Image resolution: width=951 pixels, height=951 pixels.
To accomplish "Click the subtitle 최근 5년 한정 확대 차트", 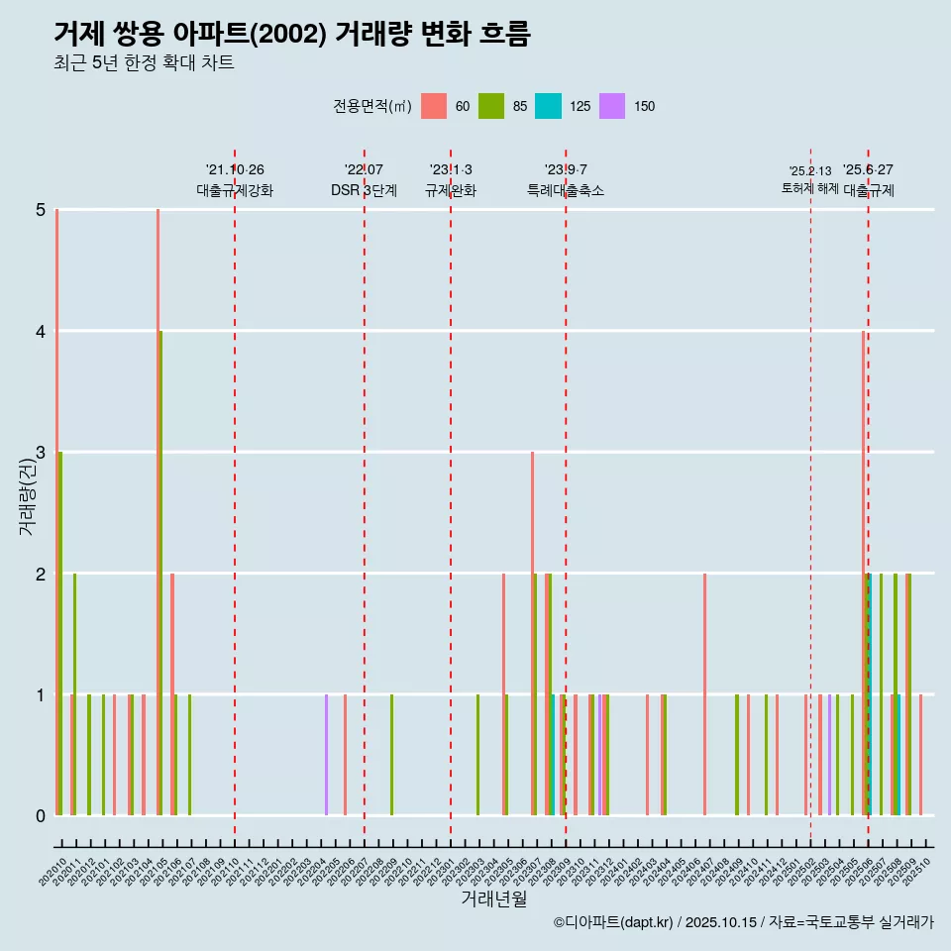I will [x=144, y=64].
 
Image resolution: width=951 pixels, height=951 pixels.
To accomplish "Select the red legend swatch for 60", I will [x=434, y=106].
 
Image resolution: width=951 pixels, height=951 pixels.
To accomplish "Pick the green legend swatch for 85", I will [x=491, y=106].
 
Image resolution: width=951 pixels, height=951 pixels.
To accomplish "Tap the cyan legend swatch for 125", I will [x=548, y=106].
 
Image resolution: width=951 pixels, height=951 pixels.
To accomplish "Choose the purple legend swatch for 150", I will [x=613, y=106].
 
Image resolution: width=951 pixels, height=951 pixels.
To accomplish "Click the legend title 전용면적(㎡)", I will [x=371, y=107].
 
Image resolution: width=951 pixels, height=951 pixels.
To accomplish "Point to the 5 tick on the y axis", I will [x=41, y=210].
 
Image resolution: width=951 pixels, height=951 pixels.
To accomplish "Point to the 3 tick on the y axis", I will [x=41, y=453].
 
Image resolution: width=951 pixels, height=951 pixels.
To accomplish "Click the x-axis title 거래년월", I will [x=493, y=899].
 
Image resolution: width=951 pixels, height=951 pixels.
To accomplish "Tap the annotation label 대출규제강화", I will [x=235, y=190].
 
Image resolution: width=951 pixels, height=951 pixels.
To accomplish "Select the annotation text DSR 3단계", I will [x=364, y=190].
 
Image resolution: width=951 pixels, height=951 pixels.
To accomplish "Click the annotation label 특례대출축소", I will [x=565, y=190].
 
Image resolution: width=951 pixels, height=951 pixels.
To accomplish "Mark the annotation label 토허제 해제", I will [x=809, y=188].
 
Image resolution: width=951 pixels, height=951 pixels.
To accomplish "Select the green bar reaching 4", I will [x=161, y=573].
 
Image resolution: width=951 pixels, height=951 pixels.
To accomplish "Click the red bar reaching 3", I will [x=532, y=634].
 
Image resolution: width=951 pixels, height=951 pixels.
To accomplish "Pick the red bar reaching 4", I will [x=864, y=573].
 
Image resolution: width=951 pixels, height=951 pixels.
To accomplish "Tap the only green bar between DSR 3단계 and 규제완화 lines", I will [x=392, y=755].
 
